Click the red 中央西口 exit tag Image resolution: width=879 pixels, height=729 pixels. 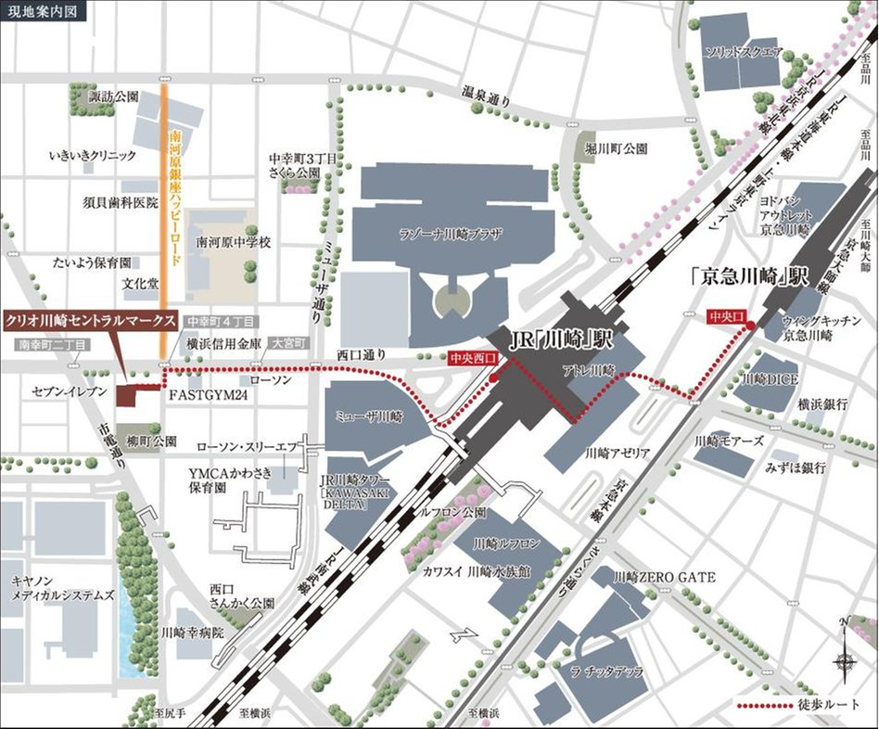(472, 356)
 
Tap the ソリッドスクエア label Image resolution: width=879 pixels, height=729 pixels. (745, 52)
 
